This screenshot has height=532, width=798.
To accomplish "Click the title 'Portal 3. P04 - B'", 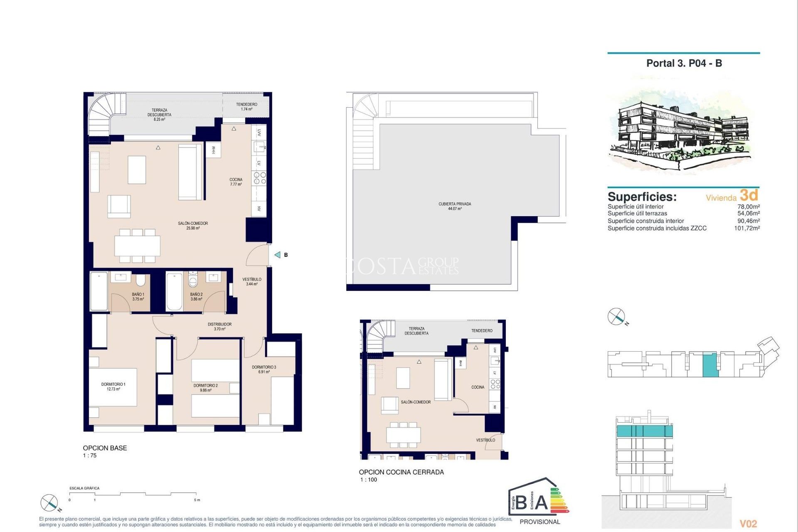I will (684, 63).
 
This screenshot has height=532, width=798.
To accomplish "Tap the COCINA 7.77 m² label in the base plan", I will (236, 182).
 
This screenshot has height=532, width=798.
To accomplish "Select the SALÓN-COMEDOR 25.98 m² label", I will (193, 226).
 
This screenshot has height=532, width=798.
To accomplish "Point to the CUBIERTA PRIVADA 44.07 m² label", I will (455, 206).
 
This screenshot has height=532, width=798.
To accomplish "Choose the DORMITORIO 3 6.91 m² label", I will (264, 369).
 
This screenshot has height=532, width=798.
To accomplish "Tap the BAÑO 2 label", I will (196, 296).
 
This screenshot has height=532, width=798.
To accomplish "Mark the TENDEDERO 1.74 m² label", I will (246, 107).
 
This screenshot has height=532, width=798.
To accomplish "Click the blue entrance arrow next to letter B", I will (278, 255).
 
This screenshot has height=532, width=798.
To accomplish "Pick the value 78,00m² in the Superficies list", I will (748, 207).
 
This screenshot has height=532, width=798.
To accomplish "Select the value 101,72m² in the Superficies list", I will (746, 228).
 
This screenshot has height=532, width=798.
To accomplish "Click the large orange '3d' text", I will (749, 195).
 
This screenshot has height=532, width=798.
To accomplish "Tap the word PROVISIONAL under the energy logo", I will (539, 522).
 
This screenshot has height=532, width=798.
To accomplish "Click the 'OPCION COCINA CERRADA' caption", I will (401, 472).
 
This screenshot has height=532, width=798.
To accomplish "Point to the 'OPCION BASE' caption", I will (105, 448).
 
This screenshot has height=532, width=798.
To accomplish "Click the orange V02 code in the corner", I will (748, 524).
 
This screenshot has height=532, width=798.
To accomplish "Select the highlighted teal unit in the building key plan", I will (710, 365).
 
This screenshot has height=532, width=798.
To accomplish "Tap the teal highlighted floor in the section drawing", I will (644, 431).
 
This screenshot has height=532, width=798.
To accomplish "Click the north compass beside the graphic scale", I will (49, 503).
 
